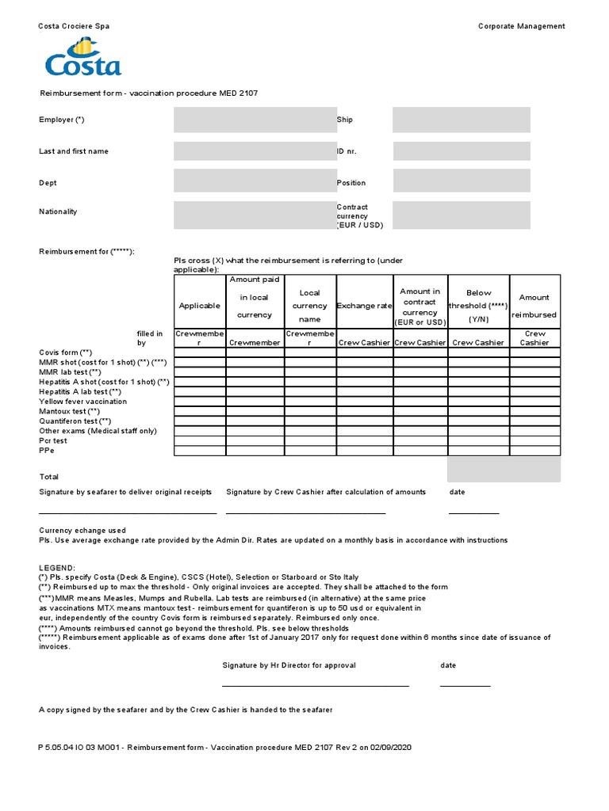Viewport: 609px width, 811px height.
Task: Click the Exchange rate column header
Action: point(364,306)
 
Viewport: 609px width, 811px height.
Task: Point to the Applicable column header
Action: point(200,306)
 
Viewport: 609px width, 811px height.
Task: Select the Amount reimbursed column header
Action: point(534,306)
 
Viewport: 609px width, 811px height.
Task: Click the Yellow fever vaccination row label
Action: point(82,402)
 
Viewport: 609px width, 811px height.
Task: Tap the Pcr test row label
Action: point(53,440)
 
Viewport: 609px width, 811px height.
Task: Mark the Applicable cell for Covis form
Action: point(200,352)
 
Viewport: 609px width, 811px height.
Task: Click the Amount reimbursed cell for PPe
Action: point(534,451)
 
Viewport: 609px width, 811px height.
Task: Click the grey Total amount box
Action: point(504,470)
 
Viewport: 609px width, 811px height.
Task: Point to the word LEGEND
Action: point(57,568)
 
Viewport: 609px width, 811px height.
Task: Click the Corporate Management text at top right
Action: point(521,26)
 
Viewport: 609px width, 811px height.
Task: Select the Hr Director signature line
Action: point(316,685)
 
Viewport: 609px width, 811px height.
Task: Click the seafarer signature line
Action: point(128,513)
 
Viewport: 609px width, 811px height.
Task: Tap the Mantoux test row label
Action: point(69,412)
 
